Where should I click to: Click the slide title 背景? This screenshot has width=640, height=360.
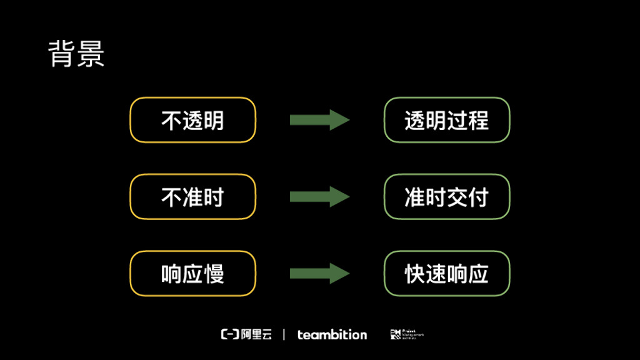76,54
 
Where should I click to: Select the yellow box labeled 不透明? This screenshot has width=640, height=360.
192,120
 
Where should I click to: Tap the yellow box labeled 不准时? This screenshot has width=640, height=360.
192,197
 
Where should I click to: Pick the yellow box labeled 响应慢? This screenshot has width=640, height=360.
192,274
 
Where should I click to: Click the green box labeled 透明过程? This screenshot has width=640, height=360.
446,120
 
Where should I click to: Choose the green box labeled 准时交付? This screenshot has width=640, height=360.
446,197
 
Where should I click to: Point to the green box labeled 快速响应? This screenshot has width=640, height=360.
446,274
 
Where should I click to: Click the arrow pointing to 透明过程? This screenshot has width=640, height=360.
319,120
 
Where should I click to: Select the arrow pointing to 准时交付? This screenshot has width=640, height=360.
319,197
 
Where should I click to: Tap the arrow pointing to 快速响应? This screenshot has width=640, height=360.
319,274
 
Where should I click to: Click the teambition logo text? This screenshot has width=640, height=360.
332,334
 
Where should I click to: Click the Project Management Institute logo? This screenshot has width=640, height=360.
407,334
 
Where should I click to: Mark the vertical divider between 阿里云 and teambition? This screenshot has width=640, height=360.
284,334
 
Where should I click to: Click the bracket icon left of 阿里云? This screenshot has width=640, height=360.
230,334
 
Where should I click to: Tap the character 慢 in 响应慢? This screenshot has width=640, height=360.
214,274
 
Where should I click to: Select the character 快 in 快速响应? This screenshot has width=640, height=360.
415,274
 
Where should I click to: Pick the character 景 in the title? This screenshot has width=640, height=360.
91,54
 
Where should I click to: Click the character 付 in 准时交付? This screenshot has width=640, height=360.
478,197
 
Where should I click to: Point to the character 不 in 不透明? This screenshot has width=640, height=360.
171,120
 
